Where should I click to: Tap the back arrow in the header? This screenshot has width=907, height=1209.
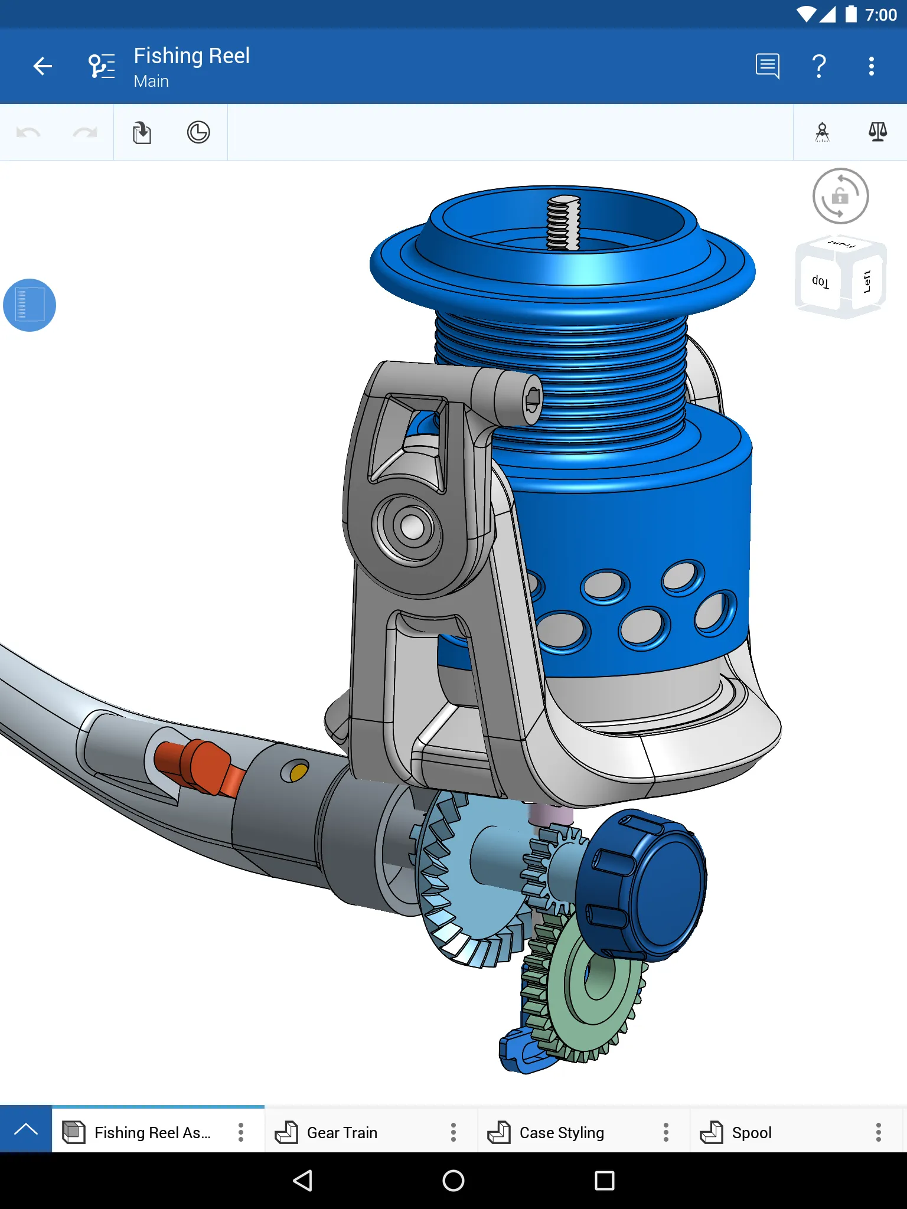pyautogui.click(x=43, y=66)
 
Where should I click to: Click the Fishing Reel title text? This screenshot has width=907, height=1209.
pyautogui.click(x=191, y=55)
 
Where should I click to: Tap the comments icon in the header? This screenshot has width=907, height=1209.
pyautogui.click(x=767, y=66)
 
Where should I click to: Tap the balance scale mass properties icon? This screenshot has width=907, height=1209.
pyautogui.click(x=877, y=132)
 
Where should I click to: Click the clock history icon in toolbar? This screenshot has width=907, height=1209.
pyautogui.click(x=198, y=132)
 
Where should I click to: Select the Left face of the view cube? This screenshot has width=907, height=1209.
pyautogui.click(x=867, y=282)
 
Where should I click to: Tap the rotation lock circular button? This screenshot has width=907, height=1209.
pyautogui.click(x=840, y=196)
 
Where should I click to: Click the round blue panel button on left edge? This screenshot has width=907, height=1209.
pyautogui.click(x=30, y=305)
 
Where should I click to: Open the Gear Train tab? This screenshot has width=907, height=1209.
pyautogui.click(x=342, y=1132)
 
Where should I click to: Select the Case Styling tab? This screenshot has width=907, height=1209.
pyautogui.click(x=561, y=1132)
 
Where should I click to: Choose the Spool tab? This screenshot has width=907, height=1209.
pyautogui.click(x=751, y=1132)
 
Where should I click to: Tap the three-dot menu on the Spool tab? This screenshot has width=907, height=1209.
pyautogui.click(x=878, y=1132)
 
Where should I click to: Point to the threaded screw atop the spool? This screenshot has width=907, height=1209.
pyautogui.click(x=564, y=223)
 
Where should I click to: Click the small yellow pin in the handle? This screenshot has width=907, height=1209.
pyautogui.click(x=299, y=772)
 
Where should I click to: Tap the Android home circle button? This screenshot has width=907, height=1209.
pyautogui.click(x=453, y=1181)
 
